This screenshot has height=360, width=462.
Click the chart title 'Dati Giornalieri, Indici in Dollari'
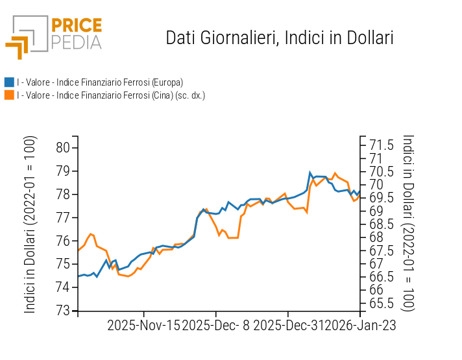pyautogui.click(x=280, y=38)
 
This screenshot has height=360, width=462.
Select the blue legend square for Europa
pyautogui.click(x=9, y=82)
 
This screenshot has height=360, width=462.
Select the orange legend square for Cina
pyautogui.click(x=9, y=95)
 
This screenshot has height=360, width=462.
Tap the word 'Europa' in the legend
pyautogui.click(x=165, y=82)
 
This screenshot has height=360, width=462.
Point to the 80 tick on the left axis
pyautogui.click(x=63, y=147)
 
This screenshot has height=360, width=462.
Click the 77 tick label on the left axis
pyautogui.click(x=63, y=217)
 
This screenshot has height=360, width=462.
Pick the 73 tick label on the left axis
pyautogui.click(x=63, y=311)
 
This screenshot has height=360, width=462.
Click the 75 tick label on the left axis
pyautogui.click(x=63, y=264)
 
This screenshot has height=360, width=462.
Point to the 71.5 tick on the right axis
pyautogui.click(x=382, y=145)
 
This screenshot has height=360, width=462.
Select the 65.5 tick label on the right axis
pyautogui.click(x=382, y=303)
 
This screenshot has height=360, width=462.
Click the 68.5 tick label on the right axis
pyautogui.click(x=382, y=224)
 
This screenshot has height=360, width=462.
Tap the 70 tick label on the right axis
pyautogui.click(x=376, y=184)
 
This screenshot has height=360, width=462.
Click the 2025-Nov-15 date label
pyautogui.click(x=144, y=325)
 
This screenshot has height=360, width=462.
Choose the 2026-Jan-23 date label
pyautogui.click(x=361, y=325)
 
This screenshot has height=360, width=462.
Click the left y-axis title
pyautogui.click(x=30, y=224)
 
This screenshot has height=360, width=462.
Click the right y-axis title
pyautogui.click(x=408, y=223)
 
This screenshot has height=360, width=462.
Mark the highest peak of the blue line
pyautogui.click(x=310, y=173)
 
